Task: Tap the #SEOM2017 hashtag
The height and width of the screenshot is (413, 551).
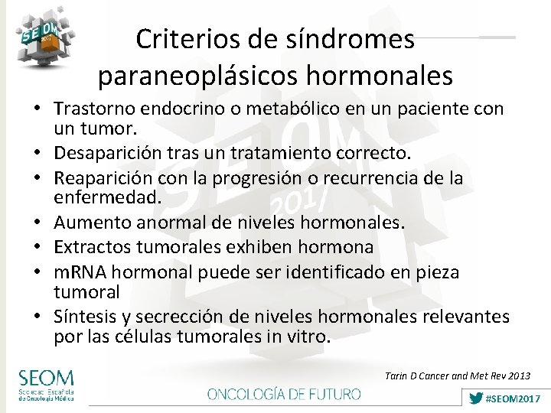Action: (504, 398)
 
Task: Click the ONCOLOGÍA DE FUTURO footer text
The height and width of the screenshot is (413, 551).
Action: (284, 394)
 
